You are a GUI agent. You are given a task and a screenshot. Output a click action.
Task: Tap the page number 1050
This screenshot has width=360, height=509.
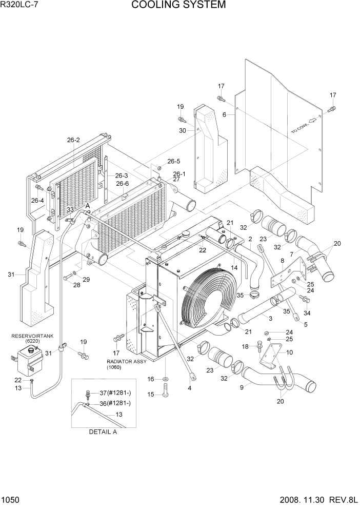pos(11,500)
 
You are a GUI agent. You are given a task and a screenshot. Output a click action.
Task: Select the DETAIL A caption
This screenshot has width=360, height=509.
pos(103,432)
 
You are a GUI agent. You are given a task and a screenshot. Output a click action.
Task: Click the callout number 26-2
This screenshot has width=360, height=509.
pos(73,140)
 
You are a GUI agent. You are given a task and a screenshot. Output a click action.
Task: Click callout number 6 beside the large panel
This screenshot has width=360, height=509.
pos(225,115)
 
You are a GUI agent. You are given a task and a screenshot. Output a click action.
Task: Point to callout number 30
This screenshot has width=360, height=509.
pos(182,131)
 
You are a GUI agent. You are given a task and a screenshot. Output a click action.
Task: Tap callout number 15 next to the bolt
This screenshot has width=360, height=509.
pos(151,394)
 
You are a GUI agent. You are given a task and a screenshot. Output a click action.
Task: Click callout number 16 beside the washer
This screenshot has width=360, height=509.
pos(151,379)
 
